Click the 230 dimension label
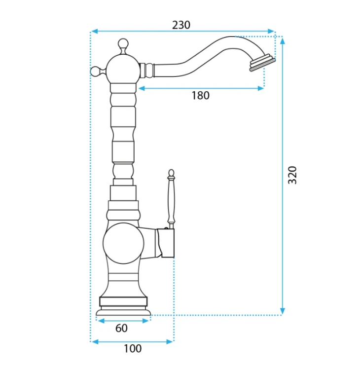pos(181,25)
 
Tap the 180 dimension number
pos(200,96)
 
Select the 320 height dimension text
pos(292,175)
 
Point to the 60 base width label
pos(121,328)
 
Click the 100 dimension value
pos(133,348)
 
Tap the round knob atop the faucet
pos(123,43)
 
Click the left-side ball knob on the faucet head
pos(96,71)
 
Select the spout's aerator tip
pos(262,63)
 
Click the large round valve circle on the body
pos(123,243)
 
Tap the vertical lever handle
pos(172,199)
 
